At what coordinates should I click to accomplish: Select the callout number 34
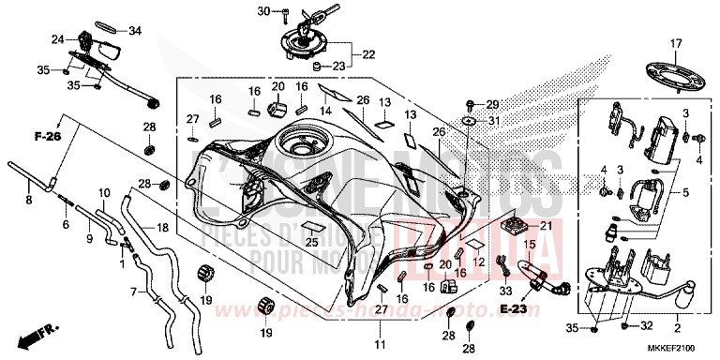135,31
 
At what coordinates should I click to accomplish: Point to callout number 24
58,38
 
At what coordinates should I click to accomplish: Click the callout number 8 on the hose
29,200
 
